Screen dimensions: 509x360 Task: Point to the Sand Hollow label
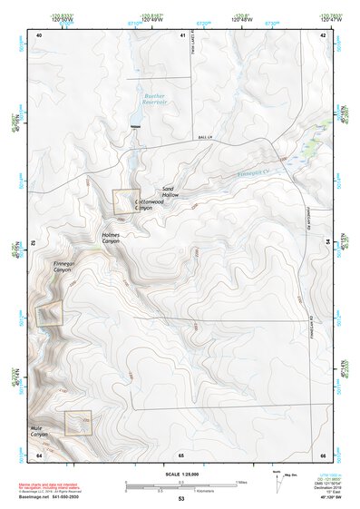pyautogui.click(x=170, y=192)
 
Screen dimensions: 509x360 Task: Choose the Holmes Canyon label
pyautogui.click(x=111, y=239)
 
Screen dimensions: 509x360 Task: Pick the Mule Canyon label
pyautogui.click(x=39, y=430)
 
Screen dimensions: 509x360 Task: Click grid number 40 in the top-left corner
pyautogui.click(x=39, y=34)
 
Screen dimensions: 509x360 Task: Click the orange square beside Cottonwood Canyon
pyautogui.click(x=125, y=201)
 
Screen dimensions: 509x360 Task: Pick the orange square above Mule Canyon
pyautogui.click(x=78, y=422)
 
